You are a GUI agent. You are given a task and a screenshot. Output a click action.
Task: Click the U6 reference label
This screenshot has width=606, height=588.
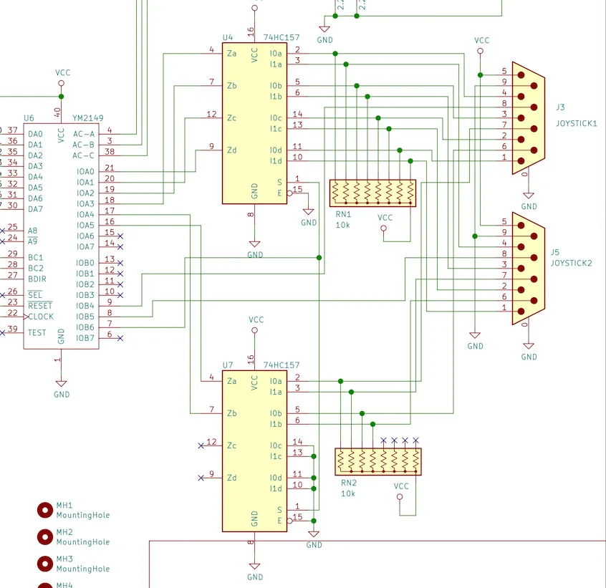29,118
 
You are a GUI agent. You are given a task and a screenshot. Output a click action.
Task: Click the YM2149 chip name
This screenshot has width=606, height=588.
87,118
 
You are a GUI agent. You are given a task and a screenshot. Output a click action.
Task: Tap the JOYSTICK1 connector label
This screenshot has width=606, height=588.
576,123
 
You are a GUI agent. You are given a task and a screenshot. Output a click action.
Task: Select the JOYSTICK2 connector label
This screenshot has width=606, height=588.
571,263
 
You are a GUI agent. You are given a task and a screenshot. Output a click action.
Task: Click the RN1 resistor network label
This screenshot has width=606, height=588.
343,214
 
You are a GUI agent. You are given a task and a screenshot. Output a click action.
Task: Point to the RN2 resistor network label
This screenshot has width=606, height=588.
349,483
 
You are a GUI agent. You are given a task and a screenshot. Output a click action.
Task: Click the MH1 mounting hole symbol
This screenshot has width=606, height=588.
45,510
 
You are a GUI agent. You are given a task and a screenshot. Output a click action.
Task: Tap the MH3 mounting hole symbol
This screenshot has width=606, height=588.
45,564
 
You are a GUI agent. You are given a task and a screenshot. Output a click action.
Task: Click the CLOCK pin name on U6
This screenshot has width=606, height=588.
41,317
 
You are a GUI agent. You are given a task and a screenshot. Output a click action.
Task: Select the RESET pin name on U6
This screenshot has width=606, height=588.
40,306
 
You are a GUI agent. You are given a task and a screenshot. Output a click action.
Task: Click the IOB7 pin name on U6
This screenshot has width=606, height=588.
85,338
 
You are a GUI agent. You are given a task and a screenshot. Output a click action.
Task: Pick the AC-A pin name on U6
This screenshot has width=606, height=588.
84,134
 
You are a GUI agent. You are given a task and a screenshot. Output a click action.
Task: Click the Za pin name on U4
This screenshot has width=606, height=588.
232,53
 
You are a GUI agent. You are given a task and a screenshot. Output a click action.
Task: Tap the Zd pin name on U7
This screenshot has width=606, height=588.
232,478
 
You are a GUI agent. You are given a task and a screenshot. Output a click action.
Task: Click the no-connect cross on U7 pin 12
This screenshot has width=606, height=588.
201,445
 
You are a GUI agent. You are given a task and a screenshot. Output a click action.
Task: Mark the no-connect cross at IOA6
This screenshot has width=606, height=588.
120,236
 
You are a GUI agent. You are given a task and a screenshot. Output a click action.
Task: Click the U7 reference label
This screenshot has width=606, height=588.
228,365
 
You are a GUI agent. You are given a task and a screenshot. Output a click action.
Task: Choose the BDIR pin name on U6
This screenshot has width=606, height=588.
37,279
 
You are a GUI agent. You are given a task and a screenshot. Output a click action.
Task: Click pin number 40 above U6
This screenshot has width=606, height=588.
57,112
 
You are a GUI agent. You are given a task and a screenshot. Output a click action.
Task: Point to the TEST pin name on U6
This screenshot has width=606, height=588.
37,332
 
